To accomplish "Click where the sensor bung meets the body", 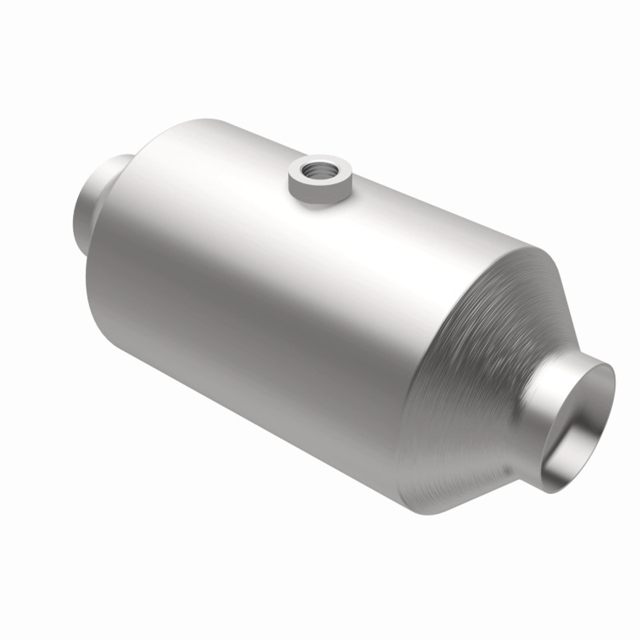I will (320, 205).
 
